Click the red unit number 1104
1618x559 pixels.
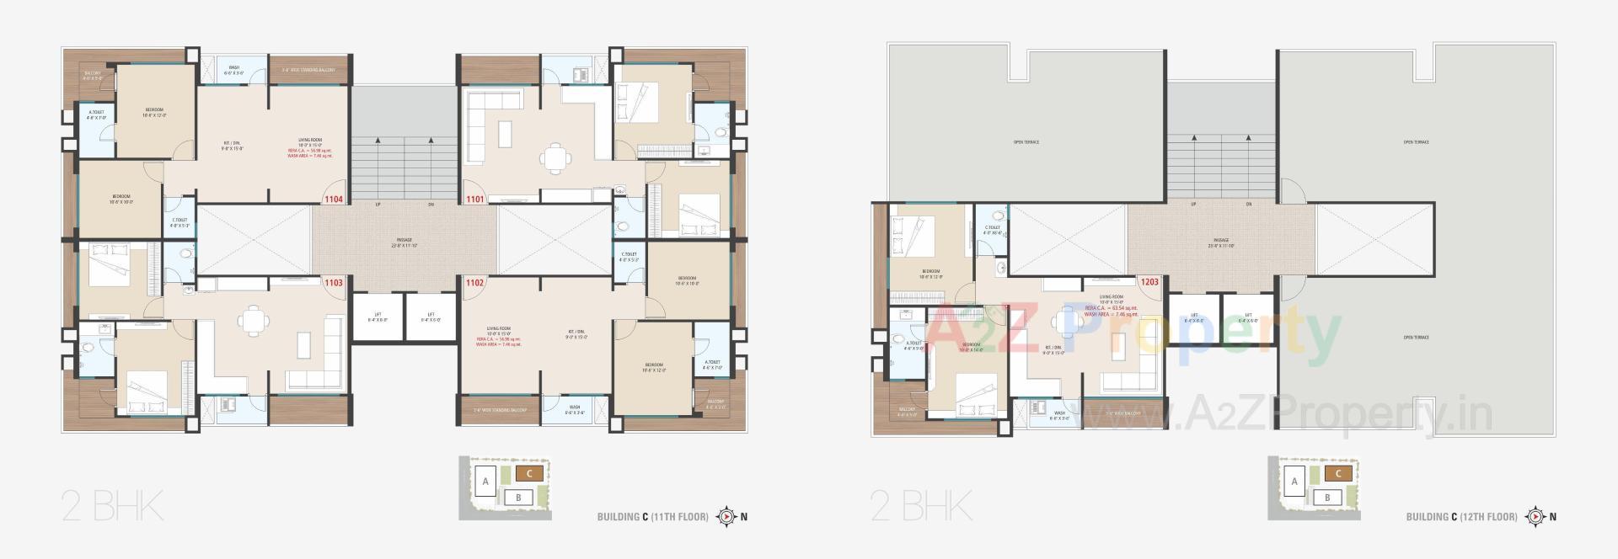[x=334, y=200]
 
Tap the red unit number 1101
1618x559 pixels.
[x=475, y=200]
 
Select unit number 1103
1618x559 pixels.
[x=334, y=283]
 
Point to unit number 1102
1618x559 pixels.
[x=475, y=283]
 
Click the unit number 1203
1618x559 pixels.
[x=1149, y=283]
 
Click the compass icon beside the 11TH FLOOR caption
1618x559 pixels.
[x=726, y=516]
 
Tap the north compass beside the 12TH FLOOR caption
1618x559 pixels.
[x=1535, y=516]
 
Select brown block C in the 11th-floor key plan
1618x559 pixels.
[x=529, y=474]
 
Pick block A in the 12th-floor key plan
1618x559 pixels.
[x=1294, y=482]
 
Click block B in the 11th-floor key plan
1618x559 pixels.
[x=518, y=498]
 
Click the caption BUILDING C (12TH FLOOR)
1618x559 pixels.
[x=1461, y=517]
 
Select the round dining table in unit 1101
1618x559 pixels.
[x=554, y=158]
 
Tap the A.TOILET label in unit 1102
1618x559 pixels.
[x=712, y=365]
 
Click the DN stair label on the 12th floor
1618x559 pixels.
[x=1249, y=205]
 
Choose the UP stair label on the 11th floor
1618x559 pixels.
[x=378, y=205]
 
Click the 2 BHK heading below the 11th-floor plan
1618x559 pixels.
[x=112, y=508]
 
